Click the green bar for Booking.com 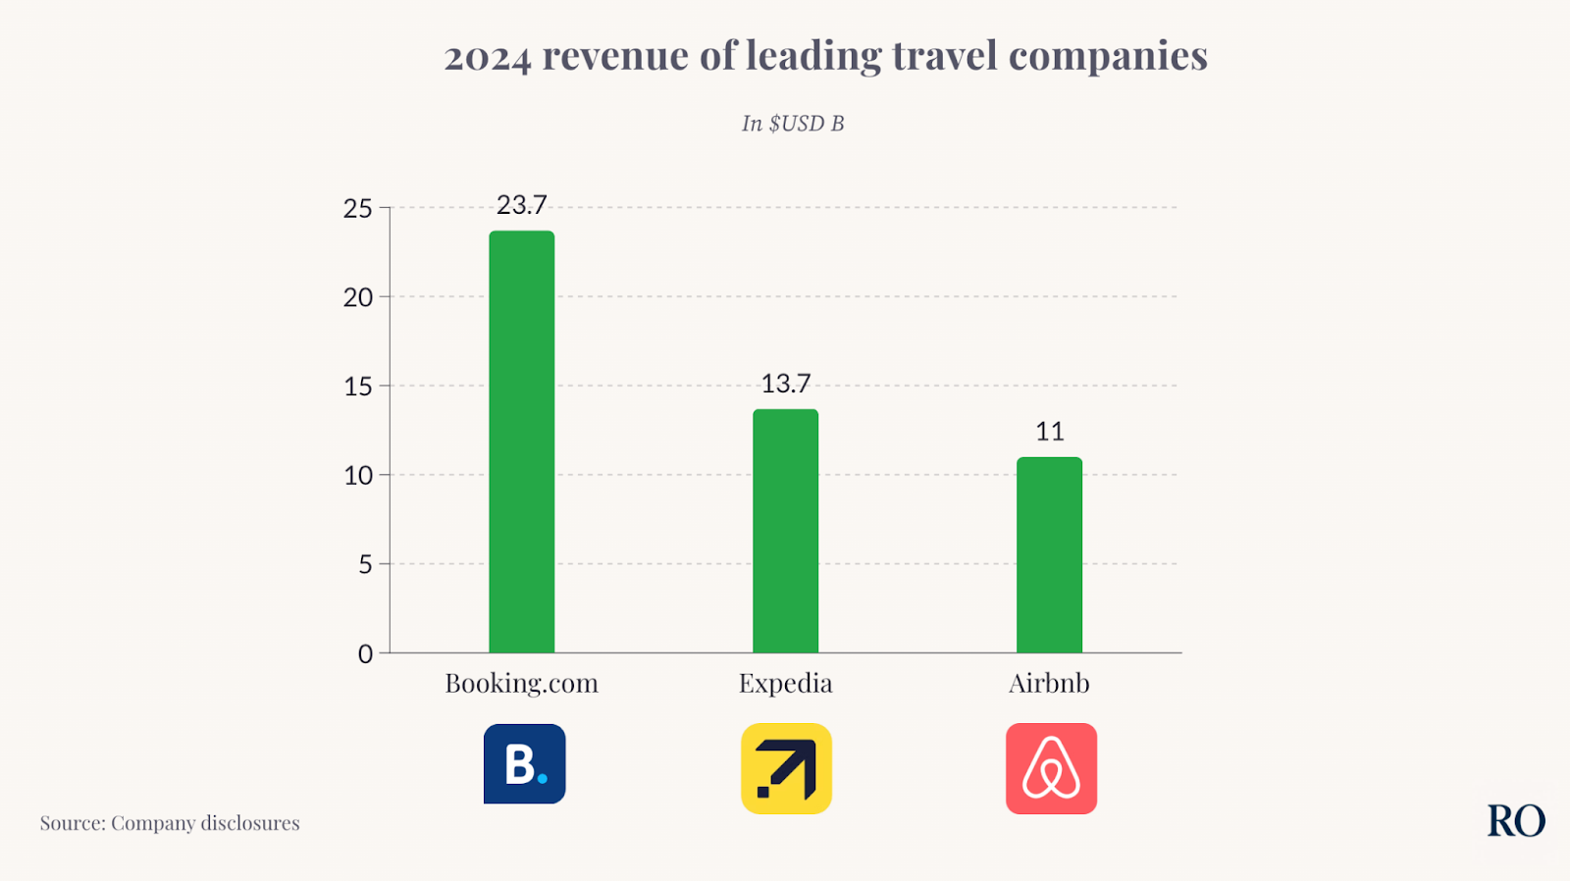[x=521, y=441]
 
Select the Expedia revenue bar [x=785, y=531]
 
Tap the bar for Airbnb [x=1049, y=554]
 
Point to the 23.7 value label [x=521, y=205]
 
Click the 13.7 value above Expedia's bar [x=786, y=384]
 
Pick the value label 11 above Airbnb [x=1049, y=432]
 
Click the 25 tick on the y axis [x=358, y=208]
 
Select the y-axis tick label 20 [x=358, y=297]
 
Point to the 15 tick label [x=358, y=387]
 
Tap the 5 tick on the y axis [x=365, y=564]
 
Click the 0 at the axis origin [x=365, y=653]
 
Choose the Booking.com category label [x=521, y=684]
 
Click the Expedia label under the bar [x=785, y=684]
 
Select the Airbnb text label [x=1049, y=684]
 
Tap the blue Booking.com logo [x=524, y=764]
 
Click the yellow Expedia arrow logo [x=786, y=768]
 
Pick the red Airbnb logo [x=1051, y=768]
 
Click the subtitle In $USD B [x=792, y=124]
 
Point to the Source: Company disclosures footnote [x=170, y=823]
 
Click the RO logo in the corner [x=1515, y=821]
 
